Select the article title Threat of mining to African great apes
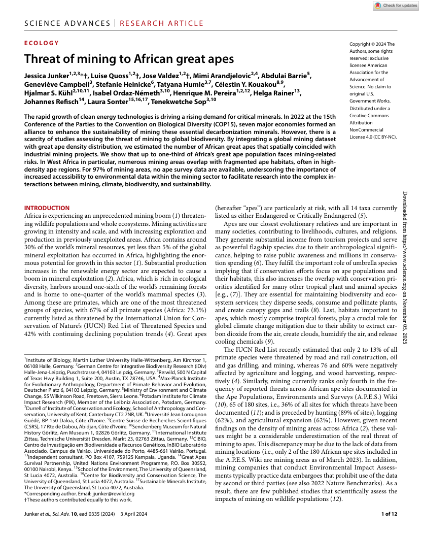coord(129,58)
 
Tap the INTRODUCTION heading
coord(47,208)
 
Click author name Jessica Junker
coord(46,76)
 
